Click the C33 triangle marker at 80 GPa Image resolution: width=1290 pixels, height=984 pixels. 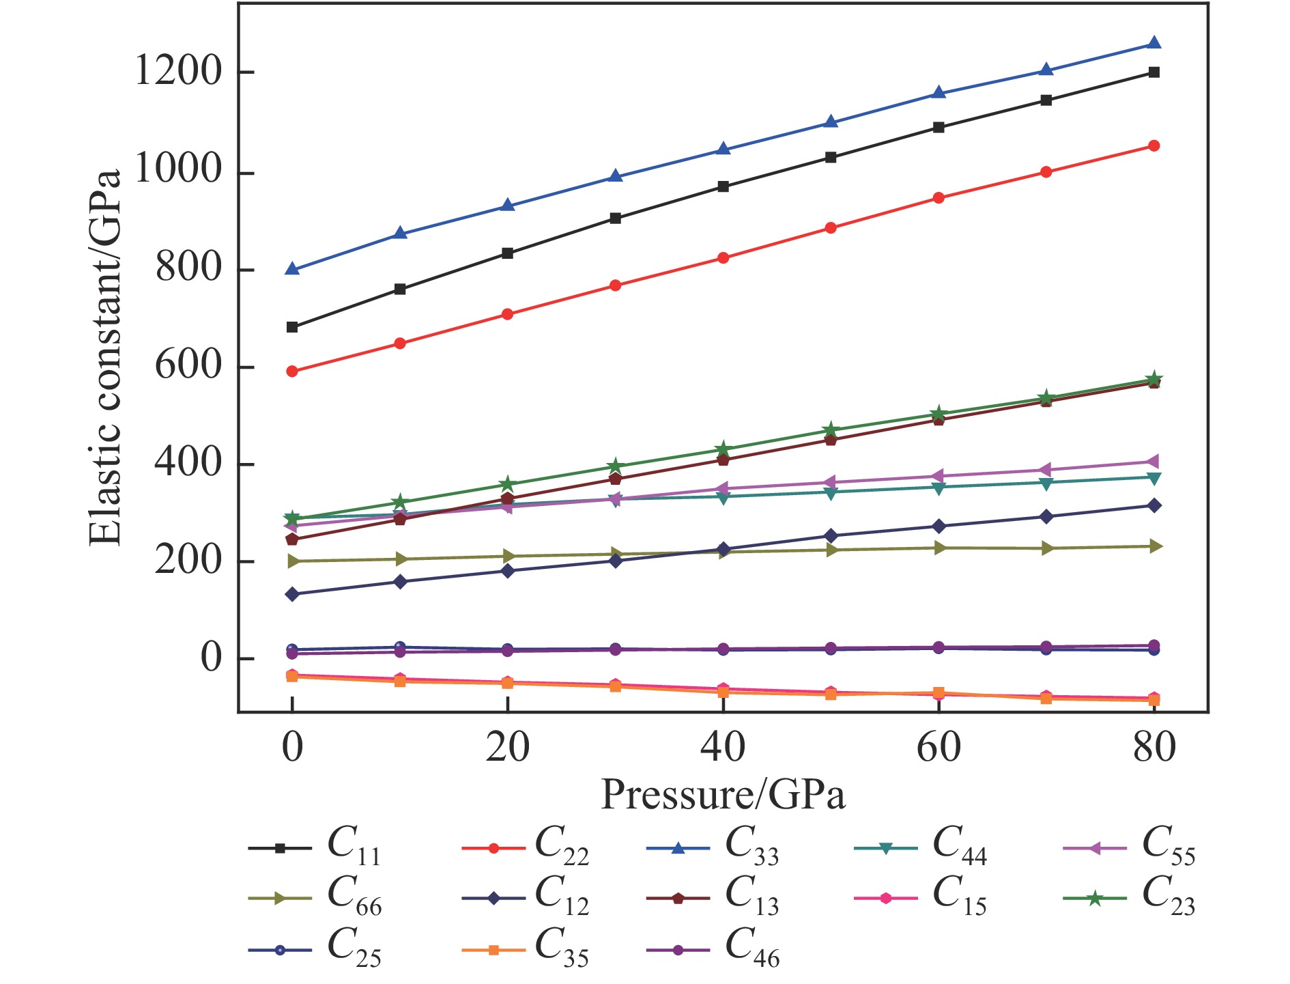click(x=1153, y=44)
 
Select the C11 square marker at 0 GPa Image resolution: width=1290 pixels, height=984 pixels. click(x=292, y=327)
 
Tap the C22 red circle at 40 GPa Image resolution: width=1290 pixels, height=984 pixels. click(x=723, y=258)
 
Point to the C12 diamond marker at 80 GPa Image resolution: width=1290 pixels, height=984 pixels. click(x=1153, y=505)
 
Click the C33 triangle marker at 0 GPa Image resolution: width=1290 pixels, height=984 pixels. click(x=292, y=269)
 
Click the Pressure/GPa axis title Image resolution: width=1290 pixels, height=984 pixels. click(x=723, y=794)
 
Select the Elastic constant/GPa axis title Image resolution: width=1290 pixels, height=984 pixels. click(x=105, y=358)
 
